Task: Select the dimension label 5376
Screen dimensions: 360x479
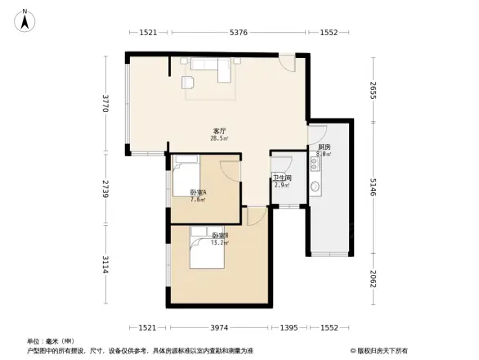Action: [x=238, y=33]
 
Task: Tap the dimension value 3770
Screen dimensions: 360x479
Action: [x=105, y=104]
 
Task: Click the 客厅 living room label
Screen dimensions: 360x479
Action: [x=219, y=131]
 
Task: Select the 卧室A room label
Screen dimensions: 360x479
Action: [x=198, y=191]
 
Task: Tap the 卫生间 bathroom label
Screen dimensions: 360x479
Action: [x=282, y=178]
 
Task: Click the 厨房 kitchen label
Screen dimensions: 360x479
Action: [x=324, y=147]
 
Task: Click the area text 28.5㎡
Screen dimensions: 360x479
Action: [x=220, y=138]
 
